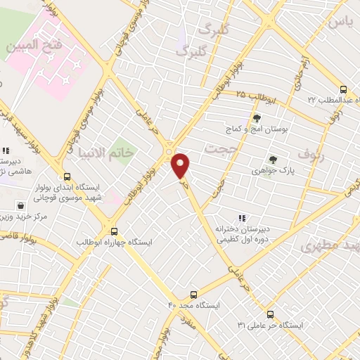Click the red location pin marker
(181, 165)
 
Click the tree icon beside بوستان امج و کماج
(257, 118)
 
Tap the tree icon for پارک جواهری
(273, 160)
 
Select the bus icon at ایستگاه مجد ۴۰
(194, 295)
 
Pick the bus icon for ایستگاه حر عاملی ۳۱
(269, 314)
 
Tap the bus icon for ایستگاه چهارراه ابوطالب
(114, 231)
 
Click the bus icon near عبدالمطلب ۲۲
(343, 89)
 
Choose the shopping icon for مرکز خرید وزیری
(21, 206)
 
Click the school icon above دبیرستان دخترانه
(242, 218)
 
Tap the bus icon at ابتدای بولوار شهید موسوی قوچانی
(67, 177)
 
